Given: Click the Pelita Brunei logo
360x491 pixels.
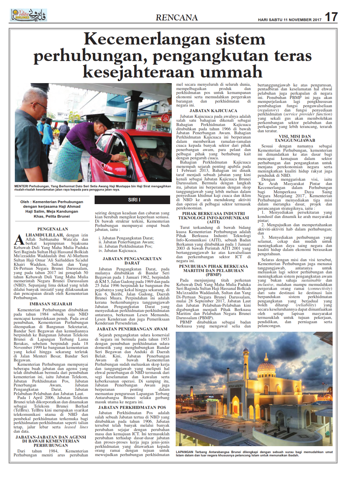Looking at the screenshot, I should point(28,15).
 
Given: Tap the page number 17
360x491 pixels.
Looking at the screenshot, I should point(331,17).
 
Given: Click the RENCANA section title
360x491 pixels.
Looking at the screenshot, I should point(177,17).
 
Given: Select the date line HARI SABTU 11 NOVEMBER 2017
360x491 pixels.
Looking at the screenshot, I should point(289,20).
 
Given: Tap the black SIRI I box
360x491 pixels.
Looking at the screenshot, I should point(134,200).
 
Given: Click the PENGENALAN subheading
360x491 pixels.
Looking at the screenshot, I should point(53,229).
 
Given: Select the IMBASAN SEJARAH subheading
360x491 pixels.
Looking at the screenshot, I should point(51,304).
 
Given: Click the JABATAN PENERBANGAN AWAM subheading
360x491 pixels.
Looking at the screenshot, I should point(132,329).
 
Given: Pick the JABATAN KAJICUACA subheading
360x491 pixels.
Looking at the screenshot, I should point(213,111).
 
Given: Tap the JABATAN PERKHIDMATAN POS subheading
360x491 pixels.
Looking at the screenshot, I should point(132,407).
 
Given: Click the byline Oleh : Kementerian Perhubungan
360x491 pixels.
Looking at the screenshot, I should point(52,202).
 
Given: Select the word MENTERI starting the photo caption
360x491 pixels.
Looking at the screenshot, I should point(21,186).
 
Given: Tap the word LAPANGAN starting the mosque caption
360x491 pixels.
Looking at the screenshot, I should point(185,452).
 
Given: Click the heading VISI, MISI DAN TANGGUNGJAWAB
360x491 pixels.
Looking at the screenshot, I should point(295,138).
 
